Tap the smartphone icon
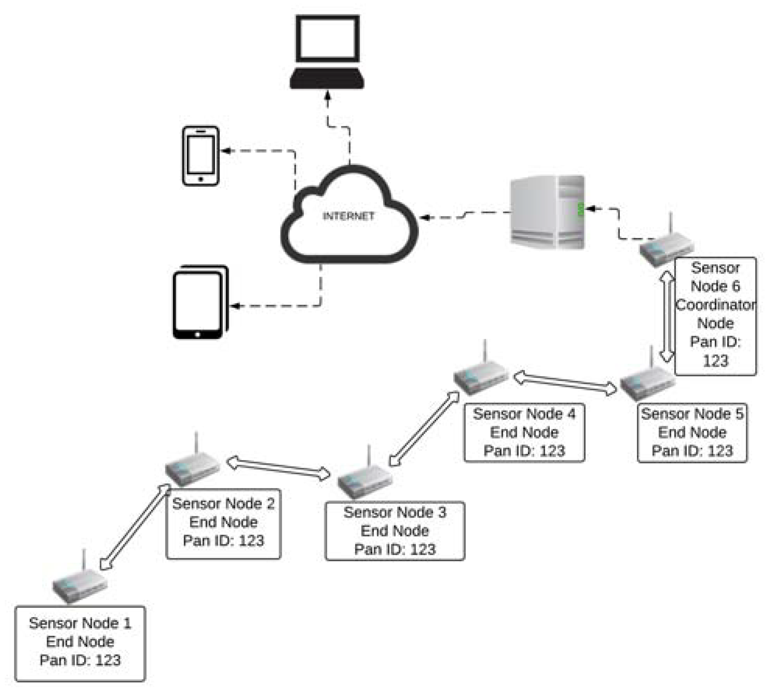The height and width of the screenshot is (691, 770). (x=201, y=156)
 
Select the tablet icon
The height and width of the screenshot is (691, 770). (x=201, y=302)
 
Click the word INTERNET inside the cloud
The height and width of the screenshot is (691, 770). (x=348, y=216)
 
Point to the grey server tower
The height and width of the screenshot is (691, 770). (x=547, y=212)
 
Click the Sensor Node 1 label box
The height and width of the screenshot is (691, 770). (x=80, y=644)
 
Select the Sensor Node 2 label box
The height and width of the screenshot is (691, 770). (x=223, y=524)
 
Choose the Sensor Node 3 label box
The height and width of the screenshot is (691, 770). (x=395, y=531)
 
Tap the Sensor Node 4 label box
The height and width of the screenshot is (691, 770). (x=524, y=432)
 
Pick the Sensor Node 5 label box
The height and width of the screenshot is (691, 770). (x=692, y=432)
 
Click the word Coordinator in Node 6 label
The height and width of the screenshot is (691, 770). (x=716, y=304)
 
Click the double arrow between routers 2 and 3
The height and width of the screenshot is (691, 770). (x=279, y=468)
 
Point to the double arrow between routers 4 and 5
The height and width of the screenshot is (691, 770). (x=566, y=383)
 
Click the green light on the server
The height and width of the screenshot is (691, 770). (x=581, y=209)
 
